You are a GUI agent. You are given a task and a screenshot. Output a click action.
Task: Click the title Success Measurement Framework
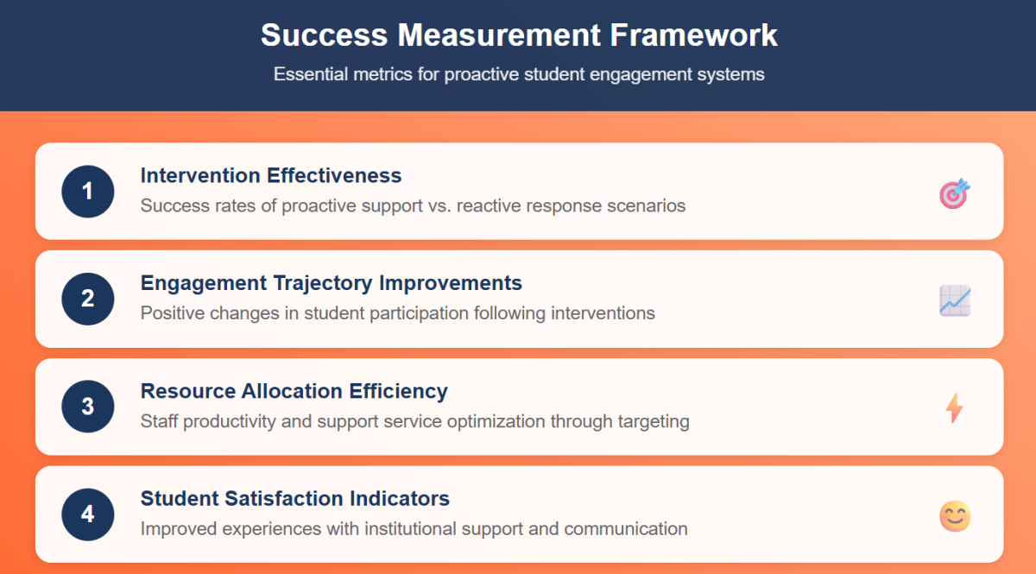(x=519, y=35)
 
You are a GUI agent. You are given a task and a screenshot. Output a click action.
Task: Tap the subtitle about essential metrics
(x=519, y=74)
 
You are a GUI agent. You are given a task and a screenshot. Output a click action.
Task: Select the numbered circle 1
(x=88, y=191)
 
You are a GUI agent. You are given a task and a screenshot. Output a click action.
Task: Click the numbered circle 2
(x=88, y=299)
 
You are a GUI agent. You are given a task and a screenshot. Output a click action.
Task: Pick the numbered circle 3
(x=88, y=407)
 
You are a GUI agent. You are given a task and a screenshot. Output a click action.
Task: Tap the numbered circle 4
(x=88, y=514)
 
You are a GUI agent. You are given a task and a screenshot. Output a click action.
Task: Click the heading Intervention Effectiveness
(x=271, y=175)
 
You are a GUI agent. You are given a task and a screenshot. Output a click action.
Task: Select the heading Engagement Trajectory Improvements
(x=332, y=283)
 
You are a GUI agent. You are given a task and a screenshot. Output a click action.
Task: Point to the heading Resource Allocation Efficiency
(x=294, y=391)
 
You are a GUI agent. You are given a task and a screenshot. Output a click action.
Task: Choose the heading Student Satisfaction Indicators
(x=295, y=499)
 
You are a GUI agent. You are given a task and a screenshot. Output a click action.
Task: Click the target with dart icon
(x=955, y=193)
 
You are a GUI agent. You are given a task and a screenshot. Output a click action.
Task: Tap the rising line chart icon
(x=955, y=300)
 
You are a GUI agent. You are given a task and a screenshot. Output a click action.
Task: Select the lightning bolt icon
(x=954, y=408)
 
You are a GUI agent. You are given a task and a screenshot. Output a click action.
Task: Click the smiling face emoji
(x=955, y=516)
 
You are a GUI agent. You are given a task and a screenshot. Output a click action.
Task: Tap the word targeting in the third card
(x=654, y=421)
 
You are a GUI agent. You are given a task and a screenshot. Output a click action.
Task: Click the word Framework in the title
(x=694, y=35)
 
